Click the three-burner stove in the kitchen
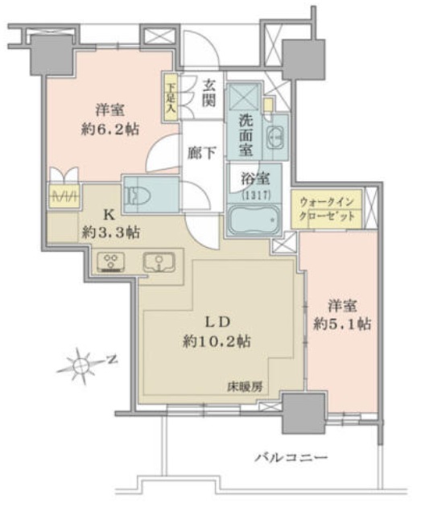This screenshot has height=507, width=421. tap(111, 262)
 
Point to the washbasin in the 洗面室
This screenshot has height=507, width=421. tap(275, 138)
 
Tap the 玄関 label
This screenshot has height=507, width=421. tap(208, 93)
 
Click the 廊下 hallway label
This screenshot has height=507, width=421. tap(202, 153)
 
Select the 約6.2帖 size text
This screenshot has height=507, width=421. tap(110, 130)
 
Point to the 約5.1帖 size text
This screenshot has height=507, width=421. tap(342, 324)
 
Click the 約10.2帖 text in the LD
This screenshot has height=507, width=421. tap(217, 340)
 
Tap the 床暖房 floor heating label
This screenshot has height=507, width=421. tap(245, 387)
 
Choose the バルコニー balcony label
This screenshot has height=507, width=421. tap(291, 457)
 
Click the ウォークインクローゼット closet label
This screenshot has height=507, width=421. tap(327, 209)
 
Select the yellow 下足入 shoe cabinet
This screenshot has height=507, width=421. tap(171, 97)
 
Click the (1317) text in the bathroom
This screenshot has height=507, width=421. tap(256, 195)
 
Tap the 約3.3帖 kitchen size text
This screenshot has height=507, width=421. tap(111, 232)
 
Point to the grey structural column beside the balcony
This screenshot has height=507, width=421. tap(303, 413)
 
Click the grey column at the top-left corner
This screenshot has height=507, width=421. tap(52, 55)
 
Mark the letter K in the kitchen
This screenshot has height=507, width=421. tap(109, 214)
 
